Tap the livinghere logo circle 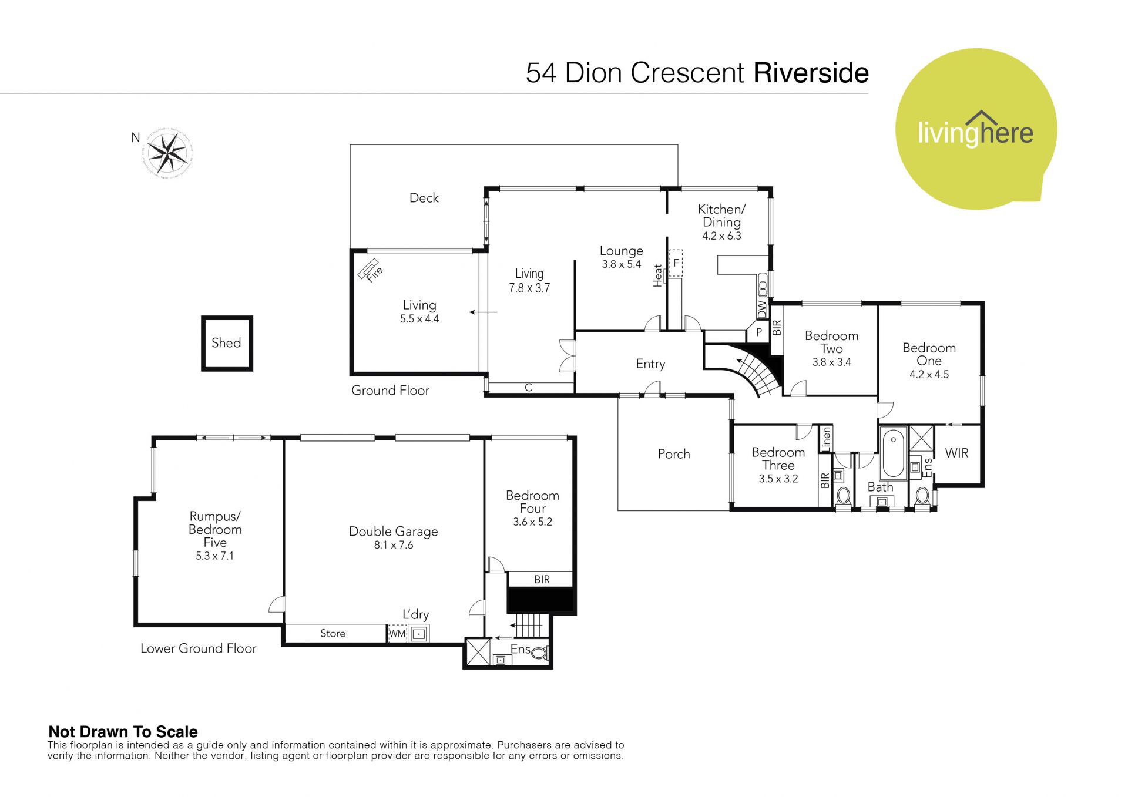tap(976, 129)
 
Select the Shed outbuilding tap(227, 344)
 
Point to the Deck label tap(424, 198)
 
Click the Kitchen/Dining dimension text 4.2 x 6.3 tap(721, 236)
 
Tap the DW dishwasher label tap(762, 309)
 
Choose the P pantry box tap(758, 332)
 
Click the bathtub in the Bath tap(894, 455)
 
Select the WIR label tap(956, 453)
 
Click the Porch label tap(674, 454)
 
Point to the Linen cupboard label tap(826, 439)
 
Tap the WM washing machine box tap(397, 634)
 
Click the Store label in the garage tap(333, 633)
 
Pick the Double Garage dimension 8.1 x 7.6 tap(394, 545)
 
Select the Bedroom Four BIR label tap(542, 580)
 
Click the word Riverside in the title tap(811, 73)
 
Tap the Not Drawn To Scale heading tap(123, 732)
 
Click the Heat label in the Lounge tap(657, 275)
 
